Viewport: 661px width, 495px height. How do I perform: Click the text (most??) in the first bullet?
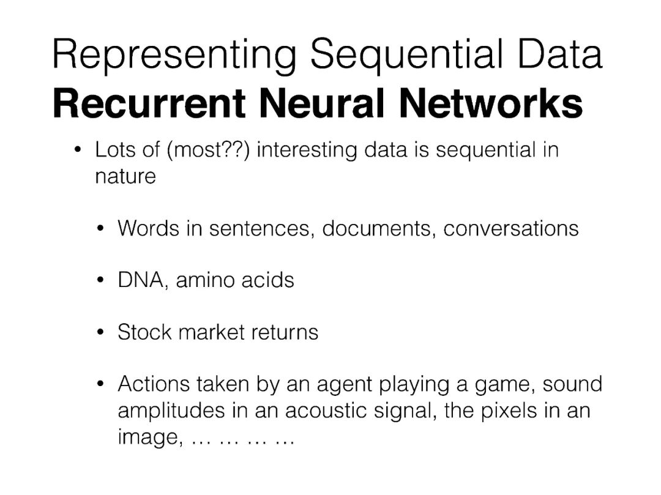[x=208, y=151]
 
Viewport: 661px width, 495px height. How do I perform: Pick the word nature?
[x=125, y=177]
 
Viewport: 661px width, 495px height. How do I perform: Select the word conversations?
[x=511, y=228]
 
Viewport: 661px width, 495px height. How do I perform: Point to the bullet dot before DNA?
[x=101, y=281]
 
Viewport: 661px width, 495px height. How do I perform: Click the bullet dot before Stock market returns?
[x=101, y=333]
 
